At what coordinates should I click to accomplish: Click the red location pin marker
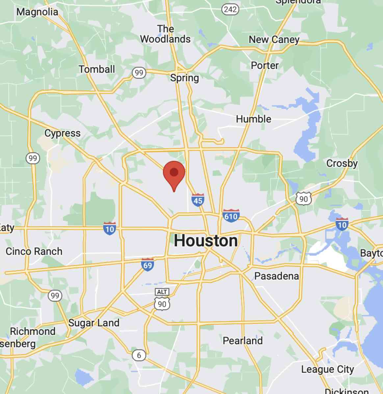174,173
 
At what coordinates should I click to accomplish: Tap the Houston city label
206,241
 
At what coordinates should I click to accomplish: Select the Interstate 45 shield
198,200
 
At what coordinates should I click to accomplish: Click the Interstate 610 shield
231,216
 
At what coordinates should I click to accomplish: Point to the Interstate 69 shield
147,264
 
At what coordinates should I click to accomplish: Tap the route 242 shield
230,9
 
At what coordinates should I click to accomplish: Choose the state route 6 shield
139,355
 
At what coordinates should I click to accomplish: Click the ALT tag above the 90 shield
162,292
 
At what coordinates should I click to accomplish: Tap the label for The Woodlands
165,34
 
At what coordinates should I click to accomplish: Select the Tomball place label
97,69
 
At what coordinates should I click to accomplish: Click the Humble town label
253,119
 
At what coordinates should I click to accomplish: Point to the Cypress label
63,133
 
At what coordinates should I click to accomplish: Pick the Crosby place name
342,163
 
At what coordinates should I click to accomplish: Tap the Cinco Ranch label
34,252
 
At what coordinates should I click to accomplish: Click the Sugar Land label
94,323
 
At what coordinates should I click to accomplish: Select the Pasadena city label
276,276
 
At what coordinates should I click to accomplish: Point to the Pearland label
243,340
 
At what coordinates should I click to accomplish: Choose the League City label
327,369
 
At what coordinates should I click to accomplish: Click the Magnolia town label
37,12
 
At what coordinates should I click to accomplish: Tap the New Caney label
274,40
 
